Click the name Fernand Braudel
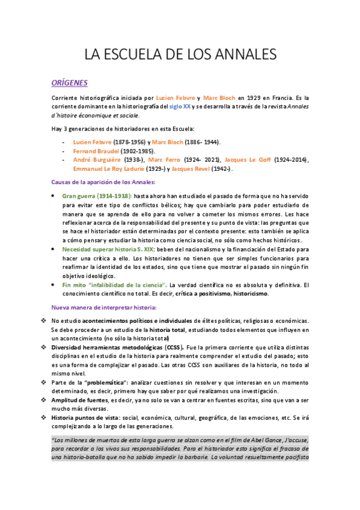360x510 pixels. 95,151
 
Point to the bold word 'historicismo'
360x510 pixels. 251,293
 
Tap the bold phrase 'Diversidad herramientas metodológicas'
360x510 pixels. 107,348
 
